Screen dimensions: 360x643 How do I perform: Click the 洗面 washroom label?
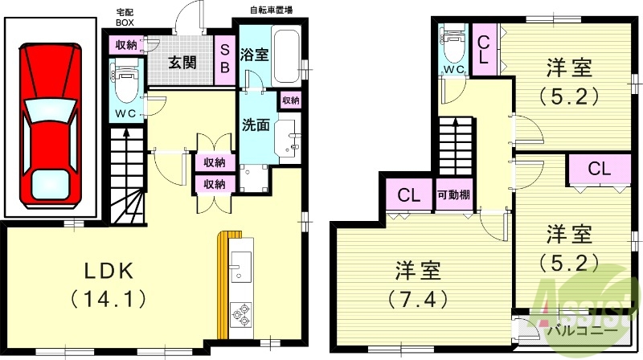point(256,127)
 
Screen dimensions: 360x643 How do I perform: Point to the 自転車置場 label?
point(271,10)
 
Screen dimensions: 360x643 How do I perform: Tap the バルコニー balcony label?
point(583,330)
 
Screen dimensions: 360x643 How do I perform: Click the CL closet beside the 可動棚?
point(409,195)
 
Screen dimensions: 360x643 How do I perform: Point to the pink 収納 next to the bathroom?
point(290,101)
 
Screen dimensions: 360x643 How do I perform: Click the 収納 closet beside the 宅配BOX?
point(125,44)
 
